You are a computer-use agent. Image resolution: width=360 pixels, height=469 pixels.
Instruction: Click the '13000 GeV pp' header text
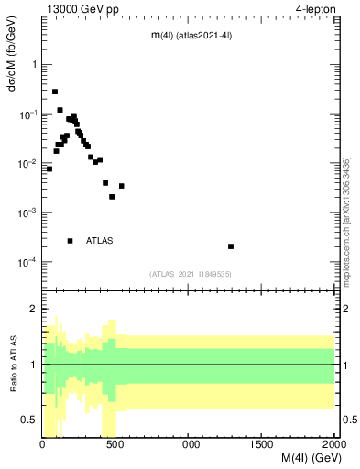pos(77,9)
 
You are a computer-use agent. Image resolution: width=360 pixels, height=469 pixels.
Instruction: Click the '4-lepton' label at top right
pos(316,9)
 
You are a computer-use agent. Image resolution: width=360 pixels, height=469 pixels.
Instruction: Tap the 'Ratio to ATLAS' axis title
pos(13,365)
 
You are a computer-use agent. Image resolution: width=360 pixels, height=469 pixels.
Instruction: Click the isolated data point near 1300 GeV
pos(231,246)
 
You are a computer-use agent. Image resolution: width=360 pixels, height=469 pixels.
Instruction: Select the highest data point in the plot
pos(55,92)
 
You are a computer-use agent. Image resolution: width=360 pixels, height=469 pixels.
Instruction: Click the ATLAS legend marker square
pos(70,241)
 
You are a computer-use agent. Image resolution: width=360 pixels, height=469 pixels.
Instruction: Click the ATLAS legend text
pos(100,241)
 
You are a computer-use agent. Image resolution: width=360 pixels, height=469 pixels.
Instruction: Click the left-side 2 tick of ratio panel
pos(35,309)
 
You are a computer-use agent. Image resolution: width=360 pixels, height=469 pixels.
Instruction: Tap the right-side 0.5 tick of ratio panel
pos(349,420)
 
